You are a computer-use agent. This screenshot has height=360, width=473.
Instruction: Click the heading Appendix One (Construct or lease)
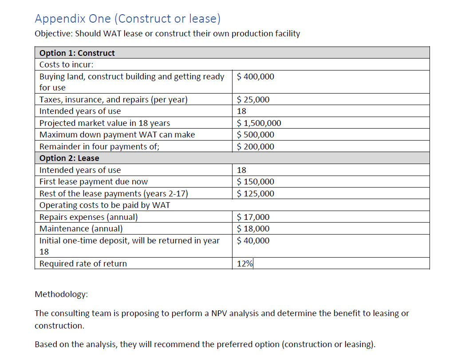(x=127, y=19)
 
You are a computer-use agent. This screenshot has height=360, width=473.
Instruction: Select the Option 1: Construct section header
(x=77, y=53)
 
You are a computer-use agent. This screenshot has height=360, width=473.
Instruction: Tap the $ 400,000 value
(x=256, y=77)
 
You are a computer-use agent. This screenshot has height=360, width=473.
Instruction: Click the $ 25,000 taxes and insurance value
(x=253, y=100)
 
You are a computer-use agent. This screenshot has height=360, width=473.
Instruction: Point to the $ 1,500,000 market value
(x=259, y=123)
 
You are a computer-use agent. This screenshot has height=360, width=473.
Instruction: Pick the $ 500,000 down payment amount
(x=256, y=135)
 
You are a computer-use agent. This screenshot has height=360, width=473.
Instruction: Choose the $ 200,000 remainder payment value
(x=256, y=147)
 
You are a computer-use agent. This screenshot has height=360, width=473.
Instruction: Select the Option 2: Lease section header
(x=69, y=158)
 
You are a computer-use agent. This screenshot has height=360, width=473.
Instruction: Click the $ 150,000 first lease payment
(x=256, y=182)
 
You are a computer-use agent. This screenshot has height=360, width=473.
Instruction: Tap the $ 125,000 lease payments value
(x=256, y=194)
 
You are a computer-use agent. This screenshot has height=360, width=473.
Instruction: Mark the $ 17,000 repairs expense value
(x=253, y=217)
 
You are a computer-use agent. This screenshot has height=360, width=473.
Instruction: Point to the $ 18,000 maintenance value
(x=253, y=229)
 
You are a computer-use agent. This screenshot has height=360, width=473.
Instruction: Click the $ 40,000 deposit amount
(x=253, y=241)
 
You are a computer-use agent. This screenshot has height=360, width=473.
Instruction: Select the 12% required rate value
(x=244, y=264)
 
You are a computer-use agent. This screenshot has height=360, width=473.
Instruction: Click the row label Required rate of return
(x=83, y=264)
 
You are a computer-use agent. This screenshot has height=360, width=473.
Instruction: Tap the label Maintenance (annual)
(x=81, y=229)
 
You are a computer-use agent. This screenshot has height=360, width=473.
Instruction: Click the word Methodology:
(x=61, y=294)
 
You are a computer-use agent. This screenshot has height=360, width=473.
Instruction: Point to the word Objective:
(x=54, y=34)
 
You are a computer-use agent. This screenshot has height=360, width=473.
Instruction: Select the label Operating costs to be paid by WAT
(x=105, y=205)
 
